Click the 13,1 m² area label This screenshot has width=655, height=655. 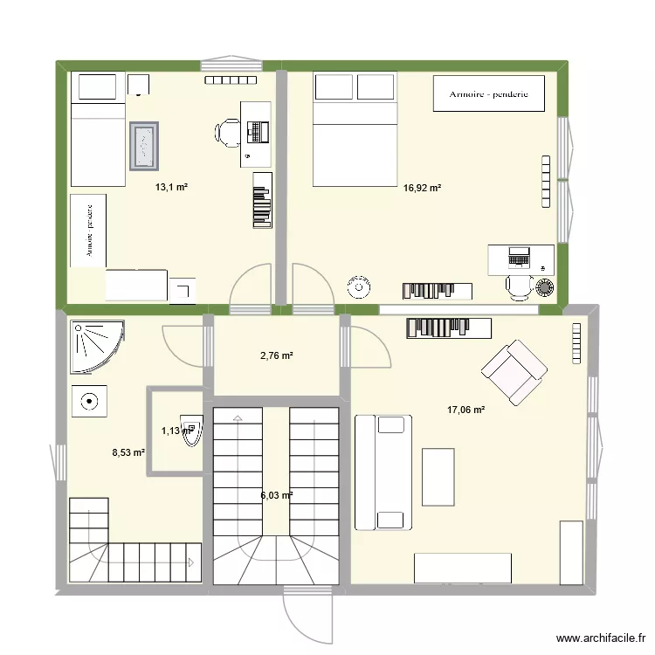[x=172, y=187]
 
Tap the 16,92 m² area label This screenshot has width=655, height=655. [x=422, y=187]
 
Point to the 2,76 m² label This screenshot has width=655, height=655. [x=276, y=355]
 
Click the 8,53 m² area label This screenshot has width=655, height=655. [x=128, y=452]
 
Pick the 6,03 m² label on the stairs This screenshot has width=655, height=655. [x=276, y=495]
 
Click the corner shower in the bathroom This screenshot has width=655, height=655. [x=96, y=343]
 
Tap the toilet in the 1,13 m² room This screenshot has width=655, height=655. [x=193, y=431]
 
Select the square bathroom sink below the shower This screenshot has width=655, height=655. [x=89, y=402]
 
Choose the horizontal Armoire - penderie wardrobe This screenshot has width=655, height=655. [x=489, y=93]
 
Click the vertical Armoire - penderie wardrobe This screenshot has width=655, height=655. [x=88, y=230]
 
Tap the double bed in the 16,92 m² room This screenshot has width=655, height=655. [x=354, y=131]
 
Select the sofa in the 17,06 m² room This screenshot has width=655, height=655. [x=383, y=472]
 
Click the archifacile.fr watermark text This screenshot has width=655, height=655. [x=599, y=638]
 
